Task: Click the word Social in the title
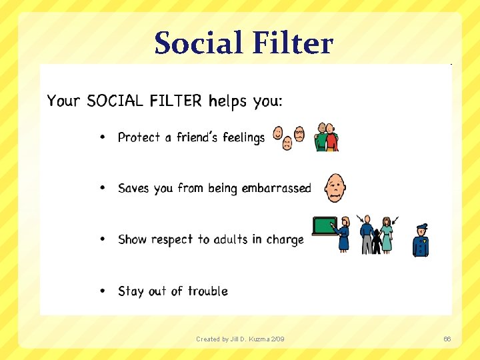tap(197, 43)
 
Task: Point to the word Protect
tap(139, 137)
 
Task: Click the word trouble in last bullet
tap(207, 291)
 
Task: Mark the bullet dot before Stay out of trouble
tap(102, 291)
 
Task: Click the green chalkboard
tap(325, 227)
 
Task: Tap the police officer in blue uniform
tap(421, 241)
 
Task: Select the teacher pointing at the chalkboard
tap(344, 234)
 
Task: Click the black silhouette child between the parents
tap(377, 242)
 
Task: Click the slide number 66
tap(447, 339)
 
